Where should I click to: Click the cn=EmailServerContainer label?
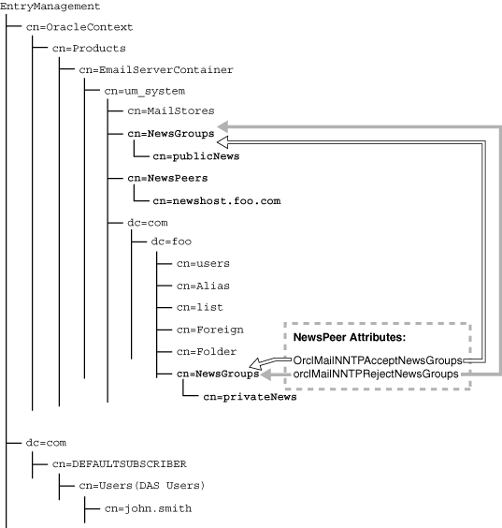coord(155,69)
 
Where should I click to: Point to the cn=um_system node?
coord(144,91)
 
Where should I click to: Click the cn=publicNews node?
coord(195,155)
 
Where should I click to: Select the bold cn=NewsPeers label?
coord(168,177)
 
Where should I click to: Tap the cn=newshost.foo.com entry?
coord(217,199)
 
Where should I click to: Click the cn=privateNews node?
coord(250,397)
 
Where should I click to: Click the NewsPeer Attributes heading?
coord(348,336)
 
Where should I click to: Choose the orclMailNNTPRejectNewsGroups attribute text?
coord(376,374)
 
